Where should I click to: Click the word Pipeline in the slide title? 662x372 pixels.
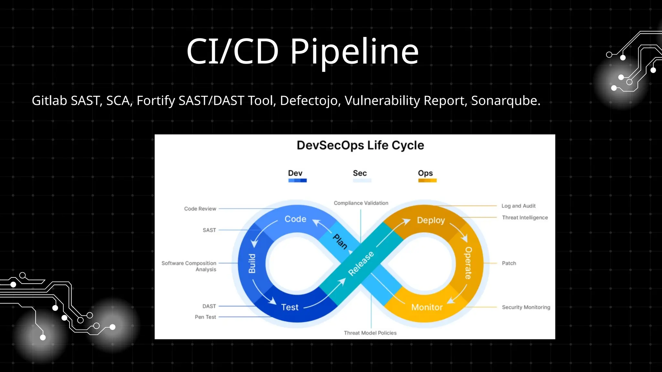(x=354, y=52)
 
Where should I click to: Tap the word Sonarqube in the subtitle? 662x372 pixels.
(x=505, y=101)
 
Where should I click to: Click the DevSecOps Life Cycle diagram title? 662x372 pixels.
(x=360, y=145)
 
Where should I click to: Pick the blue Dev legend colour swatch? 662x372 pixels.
(x=297, y=181)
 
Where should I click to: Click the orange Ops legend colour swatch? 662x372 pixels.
(x=427, y=181)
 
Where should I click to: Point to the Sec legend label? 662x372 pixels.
(x=360, y=173)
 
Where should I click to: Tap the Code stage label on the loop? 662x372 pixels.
(x=295, y=219)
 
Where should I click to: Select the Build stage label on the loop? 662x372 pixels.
(x=252, y=263)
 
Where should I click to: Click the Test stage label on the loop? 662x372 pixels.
(x=290, y=307)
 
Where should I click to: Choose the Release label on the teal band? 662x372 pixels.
(x=361, y=263)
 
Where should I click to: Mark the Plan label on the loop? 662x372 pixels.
(x=340, y=242)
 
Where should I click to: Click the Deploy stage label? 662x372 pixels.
(x=431, y=220)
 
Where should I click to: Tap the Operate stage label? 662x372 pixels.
(x=468, y=263)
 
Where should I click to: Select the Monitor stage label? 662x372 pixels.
(x=427, y=307)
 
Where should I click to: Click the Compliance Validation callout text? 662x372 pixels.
(x=361, y=203)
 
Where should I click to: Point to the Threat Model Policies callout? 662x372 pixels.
(x=370, y=333)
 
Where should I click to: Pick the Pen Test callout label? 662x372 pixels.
(x=205, y=317)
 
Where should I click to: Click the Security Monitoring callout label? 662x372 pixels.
(x=526, y=307)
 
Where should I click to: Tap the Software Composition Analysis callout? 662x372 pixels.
(x=189, y=266)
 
